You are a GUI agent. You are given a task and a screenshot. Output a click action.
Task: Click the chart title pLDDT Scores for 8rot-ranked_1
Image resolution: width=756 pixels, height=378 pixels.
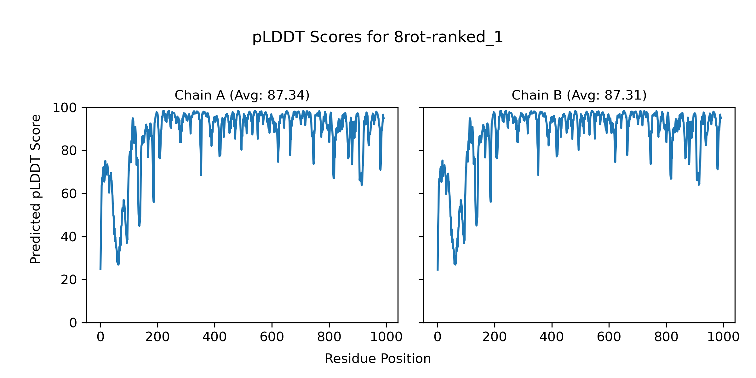point(377,37)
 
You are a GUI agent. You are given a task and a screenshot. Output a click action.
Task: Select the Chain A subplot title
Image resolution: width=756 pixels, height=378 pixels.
point(242,95)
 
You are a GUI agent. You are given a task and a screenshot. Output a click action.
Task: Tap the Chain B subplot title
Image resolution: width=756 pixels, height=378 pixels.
point(579,95)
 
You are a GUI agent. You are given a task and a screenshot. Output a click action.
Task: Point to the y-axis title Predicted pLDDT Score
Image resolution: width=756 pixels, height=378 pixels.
point(35,189)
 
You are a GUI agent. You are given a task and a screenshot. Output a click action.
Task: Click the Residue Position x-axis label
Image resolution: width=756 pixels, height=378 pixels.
point(378,359)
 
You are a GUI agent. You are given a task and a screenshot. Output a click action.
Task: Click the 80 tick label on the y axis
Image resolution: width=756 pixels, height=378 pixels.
point(69,151)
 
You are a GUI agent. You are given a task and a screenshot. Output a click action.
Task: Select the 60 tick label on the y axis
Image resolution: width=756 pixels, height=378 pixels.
point(69,194)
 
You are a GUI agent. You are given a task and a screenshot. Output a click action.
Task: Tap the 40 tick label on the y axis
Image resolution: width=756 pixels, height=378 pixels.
point(69,237)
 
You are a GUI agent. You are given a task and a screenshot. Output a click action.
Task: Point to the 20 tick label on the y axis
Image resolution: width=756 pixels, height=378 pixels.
point(69,280)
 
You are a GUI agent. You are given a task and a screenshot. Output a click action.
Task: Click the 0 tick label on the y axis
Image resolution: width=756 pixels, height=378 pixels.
point(73,323)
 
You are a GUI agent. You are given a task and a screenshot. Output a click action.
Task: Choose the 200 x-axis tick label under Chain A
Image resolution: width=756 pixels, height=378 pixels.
point(157,337)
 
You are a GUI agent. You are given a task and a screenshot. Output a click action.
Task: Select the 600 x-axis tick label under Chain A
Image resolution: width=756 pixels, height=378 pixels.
point(272,337)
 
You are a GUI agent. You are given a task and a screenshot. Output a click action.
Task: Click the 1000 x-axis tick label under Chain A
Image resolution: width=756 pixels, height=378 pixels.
point(386,337)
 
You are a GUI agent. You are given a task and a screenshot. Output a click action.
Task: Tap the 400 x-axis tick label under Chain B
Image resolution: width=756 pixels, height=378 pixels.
point(552,337)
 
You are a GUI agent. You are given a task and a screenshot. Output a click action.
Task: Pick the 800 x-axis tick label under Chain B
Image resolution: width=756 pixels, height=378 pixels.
point(666,337)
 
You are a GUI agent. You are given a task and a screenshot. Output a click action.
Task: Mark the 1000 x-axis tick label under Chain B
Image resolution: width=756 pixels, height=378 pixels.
point(723,337)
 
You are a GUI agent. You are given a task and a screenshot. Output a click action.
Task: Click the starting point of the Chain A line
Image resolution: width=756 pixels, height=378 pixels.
point(100,269)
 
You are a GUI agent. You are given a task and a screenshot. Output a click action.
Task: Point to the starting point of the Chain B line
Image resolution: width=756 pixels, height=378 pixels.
point(438,270)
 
